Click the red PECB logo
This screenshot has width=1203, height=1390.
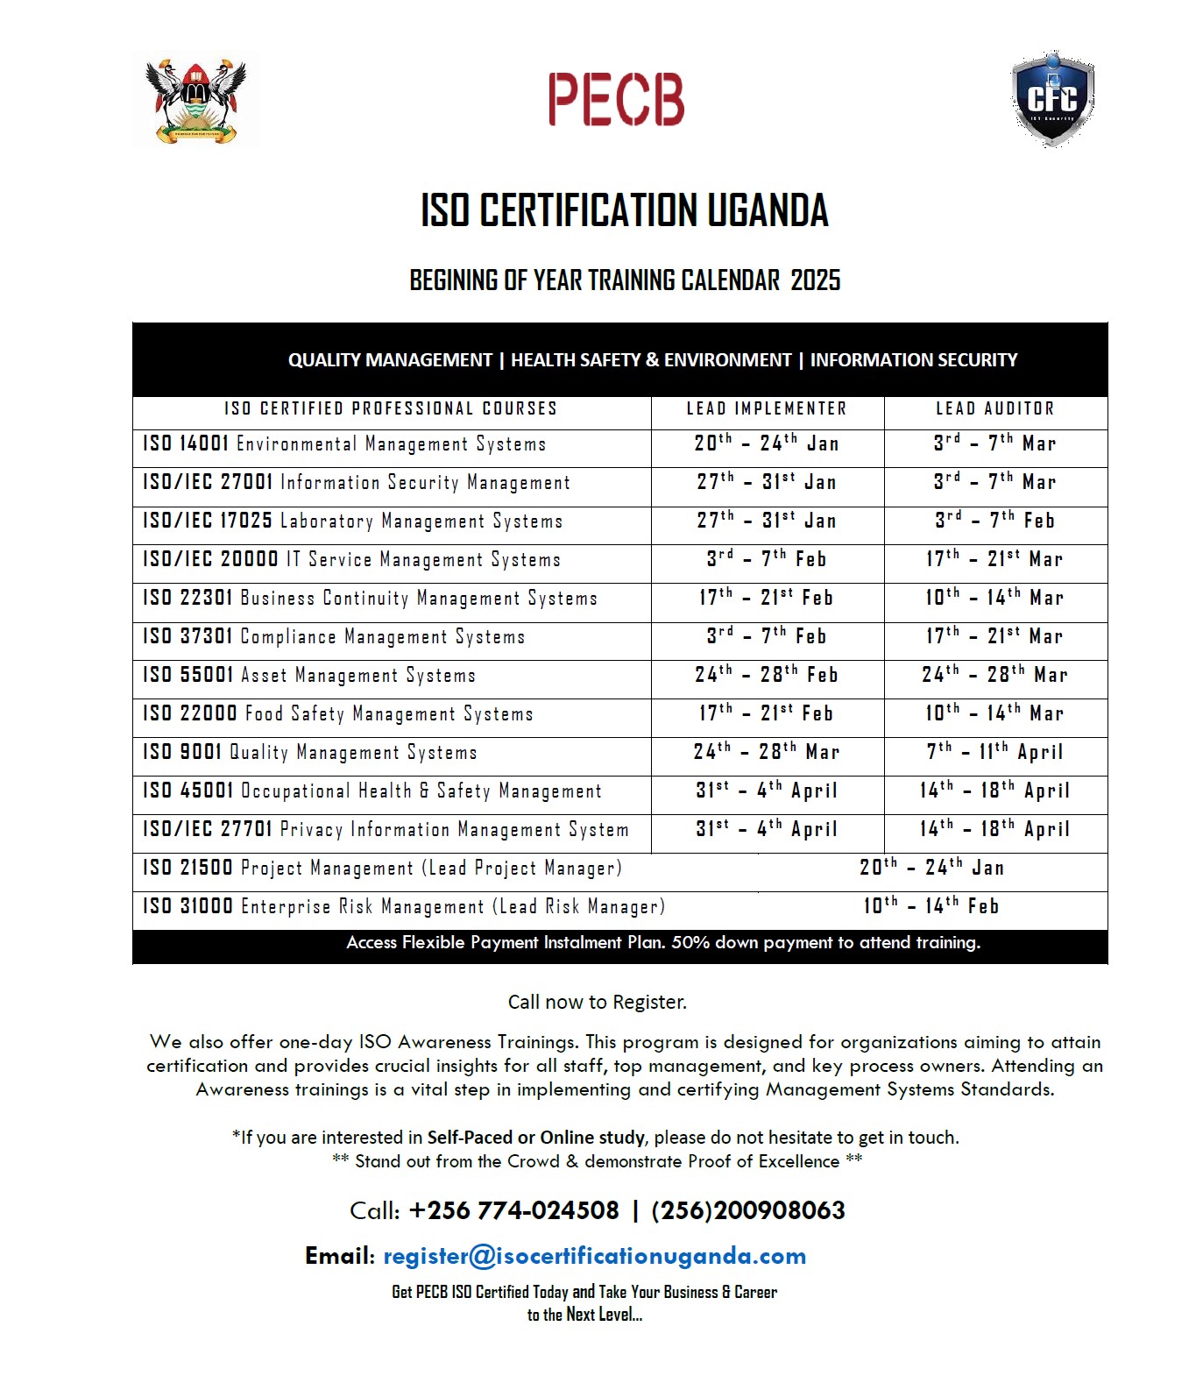[616, 99]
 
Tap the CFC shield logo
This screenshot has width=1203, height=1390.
[1051, 99]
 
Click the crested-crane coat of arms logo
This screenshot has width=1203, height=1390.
[196, 100]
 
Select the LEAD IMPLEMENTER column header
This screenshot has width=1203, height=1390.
[767, 408]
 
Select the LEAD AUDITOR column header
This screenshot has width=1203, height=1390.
[995, 408]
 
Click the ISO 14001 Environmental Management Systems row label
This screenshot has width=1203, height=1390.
[344, 443]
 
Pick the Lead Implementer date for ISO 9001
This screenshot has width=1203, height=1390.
[767, 752]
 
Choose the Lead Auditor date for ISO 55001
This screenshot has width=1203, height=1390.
[995, 675]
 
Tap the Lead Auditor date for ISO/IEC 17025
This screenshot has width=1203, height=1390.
[995, 521]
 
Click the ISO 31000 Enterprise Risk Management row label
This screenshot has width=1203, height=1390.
[404, 906]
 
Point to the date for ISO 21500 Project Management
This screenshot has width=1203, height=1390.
[931, 868]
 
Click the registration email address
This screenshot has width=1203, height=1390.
[594, 1256]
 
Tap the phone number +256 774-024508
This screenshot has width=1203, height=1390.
[513, 1210]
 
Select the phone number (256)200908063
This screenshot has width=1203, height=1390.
[748, 1210]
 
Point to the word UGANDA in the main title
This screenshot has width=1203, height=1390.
[768, 210]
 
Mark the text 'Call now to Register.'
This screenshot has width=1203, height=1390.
[598, 1002]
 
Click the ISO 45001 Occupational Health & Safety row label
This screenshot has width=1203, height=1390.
[372, 791]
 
